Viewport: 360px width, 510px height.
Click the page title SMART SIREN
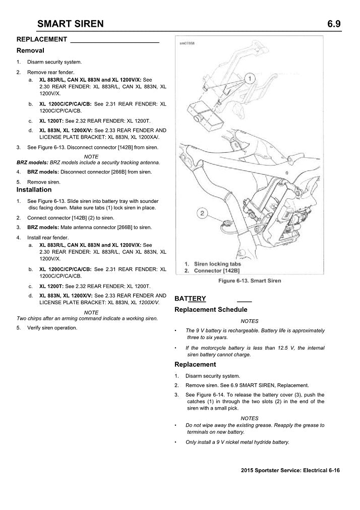coord(71,23)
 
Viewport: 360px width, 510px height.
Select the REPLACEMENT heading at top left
coord(42,39)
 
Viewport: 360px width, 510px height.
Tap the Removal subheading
coord(30,50)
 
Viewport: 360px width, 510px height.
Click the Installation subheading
coord(34,190)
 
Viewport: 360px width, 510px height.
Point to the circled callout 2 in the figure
coord(202,214)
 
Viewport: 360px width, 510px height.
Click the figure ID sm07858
coord(188,43)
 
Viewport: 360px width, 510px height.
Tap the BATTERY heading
coord(190,299)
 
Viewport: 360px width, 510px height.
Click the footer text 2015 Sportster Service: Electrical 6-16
coord(291,470)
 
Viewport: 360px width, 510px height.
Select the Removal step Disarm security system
coord(54,62)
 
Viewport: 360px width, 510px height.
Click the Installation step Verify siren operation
coord(52,328)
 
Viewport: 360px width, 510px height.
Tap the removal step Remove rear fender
coord(50,72)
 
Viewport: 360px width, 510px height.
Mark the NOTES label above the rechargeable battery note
coord(250,321)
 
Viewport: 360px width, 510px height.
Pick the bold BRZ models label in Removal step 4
coord(43,172)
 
